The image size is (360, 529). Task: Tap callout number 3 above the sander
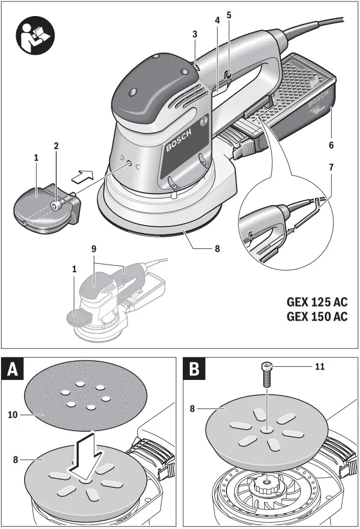click(x=195, y=35)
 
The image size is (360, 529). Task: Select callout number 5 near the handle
click(x=228, y=15)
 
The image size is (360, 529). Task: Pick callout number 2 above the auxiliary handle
click(x=56, y=146)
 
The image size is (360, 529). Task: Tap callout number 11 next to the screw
click(x=320, y=367)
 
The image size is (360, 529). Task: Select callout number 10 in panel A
click(x=14, y=415)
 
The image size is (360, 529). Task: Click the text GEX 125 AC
click(x=316, y=303)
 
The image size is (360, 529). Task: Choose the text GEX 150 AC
click(x=316, y=317)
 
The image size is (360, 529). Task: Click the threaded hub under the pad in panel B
click(x=265, y=486)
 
